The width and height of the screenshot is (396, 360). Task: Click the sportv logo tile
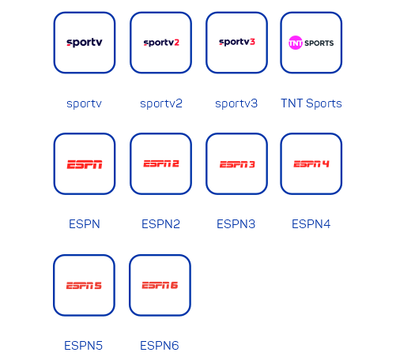(x=85, y=43)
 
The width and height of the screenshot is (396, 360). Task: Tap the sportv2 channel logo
(x=161, y=43)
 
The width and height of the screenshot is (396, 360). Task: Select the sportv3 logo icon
(x=237, y=42)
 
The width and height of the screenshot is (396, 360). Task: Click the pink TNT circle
(x=296, y=43)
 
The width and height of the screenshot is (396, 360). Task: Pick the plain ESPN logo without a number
(x=85, y=164)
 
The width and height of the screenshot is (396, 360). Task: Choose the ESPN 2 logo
(x=161, y=163)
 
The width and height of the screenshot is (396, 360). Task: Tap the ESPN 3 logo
(x=237, y=164)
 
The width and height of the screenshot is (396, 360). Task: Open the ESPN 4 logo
(x=311, y=164)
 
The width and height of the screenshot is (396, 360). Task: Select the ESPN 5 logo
(x=84, y=286)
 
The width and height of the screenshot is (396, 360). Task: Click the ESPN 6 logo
(x=160, y=285)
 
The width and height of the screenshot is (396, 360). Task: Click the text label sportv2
(x=161, y=103)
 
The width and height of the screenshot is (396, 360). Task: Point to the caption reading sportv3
(x=236, y=103)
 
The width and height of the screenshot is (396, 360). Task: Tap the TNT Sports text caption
(x=311, y=103)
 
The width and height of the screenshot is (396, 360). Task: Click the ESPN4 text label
(x=311, y=224)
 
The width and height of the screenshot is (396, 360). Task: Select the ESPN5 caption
(x=83, y=346)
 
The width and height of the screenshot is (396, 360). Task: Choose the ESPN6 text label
(x=160, y=346)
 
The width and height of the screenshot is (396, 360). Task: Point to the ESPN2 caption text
(x=160, y=224)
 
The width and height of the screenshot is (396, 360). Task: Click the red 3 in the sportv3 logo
(x=252, y=42)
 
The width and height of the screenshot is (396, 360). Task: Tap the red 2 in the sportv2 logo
(x=176, y=42)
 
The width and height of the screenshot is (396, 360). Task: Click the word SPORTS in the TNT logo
(x=319, y=43)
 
